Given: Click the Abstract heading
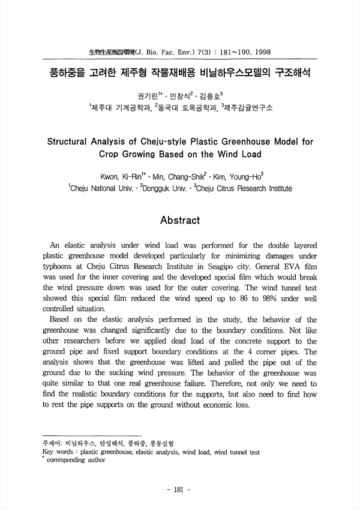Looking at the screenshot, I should pos(180,220).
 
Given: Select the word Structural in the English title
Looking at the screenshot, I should pos(70,143).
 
